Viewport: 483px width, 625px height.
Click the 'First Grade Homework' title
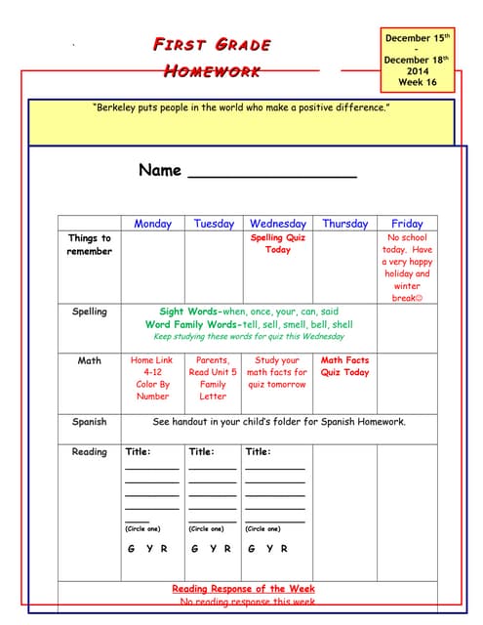click(212, 58)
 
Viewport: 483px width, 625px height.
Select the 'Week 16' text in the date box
click(418, 83)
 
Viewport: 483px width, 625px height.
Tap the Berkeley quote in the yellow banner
click(241, 107)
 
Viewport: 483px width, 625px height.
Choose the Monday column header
click(152, 224)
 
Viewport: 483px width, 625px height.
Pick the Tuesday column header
click(214, 224)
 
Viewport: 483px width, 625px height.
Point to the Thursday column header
click(344, 224)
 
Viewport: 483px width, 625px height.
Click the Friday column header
click(407, 224)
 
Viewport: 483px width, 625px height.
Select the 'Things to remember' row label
click(90, 244)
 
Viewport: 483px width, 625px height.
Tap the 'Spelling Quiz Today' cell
click(278, 243)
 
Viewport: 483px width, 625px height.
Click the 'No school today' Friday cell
click(408, 268)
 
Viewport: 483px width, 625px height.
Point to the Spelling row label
click(90, 312)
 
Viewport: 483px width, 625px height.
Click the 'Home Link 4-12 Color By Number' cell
click(152, 378)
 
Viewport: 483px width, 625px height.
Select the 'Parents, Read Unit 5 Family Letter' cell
click(213, 378)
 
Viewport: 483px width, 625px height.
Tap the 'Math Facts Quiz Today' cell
click(344, 366)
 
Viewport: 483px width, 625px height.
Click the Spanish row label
click(90, 422)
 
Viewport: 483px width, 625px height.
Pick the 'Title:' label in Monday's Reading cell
click(138, 452)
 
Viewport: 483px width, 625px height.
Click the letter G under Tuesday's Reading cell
click(195, 549)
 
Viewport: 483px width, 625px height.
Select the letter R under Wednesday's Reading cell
click(284, 549)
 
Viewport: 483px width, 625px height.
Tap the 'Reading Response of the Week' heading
click(243, 589)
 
